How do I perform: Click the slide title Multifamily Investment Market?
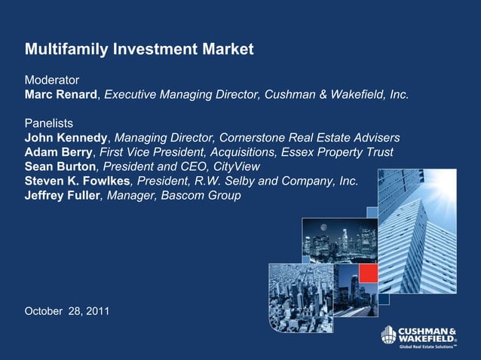click(x=139, y=50)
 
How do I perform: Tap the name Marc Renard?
click(x=62, y=95)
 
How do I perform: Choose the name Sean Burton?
click(x=60, y=166)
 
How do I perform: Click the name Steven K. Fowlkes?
click(x=78, y=181)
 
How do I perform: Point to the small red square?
click(x=367, y=273)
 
